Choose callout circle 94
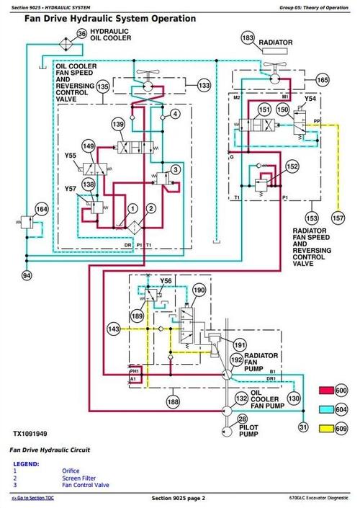coord(27,275)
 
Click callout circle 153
coord(312,217)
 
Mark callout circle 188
coord(174,401)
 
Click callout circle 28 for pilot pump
coord(242,419)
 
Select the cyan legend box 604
coord(328,409)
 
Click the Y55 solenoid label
coord(71,156)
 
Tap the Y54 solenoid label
coord(310,98)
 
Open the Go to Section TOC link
coord(35,499)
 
